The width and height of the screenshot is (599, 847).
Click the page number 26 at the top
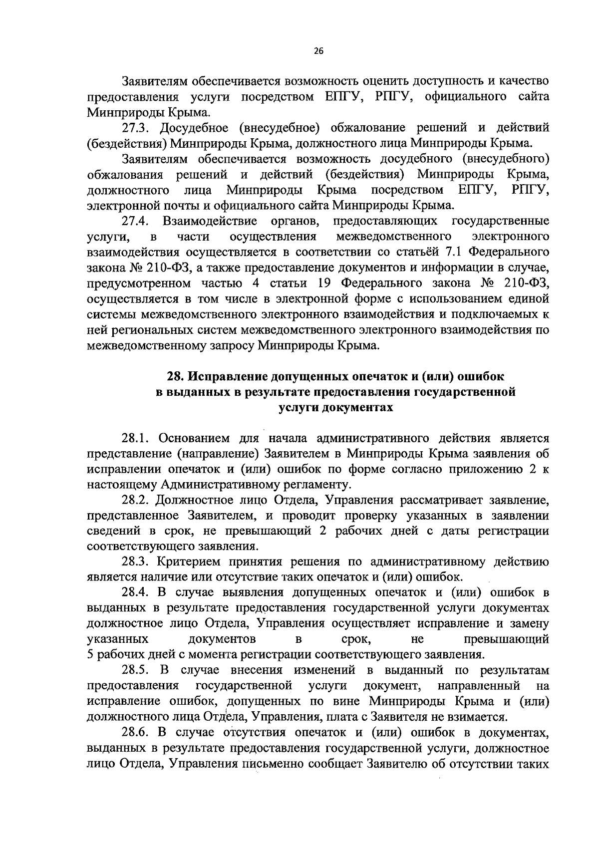(x=318, y=50)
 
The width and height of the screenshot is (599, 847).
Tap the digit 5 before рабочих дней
(x=90, y=655)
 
